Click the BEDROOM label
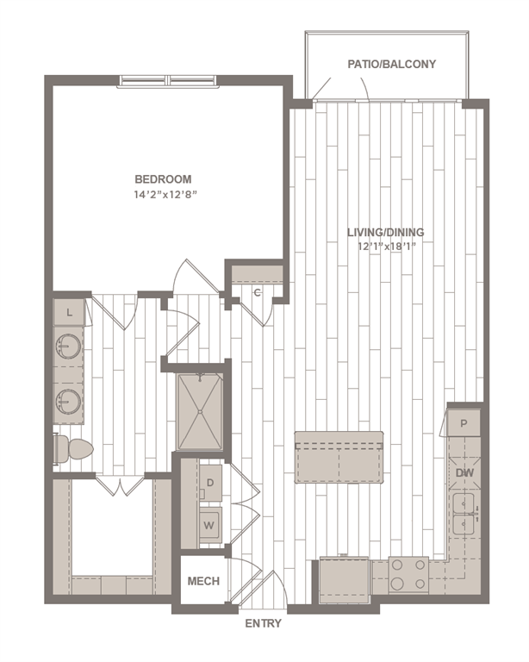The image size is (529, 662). pos(163,179)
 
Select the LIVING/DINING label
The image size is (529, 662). pos(385,233)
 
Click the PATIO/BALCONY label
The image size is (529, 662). pos(391,64)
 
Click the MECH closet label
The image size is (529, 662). pos(203,581)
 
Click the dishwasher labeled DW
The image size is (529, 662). pos(464,472)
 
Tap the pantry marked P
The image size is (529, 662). pos(464,423)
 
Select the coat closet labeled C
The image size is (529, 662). pos(257,292)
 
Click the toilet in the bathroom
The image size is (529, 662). pos(74,449)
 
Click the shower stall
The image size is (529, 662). pos(200,410)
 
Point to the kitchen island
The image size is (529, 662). pos(339,457)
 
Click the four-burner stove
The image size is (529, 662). pos(408,575)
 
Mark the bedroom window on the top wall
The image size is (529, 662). pos(169,82)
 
